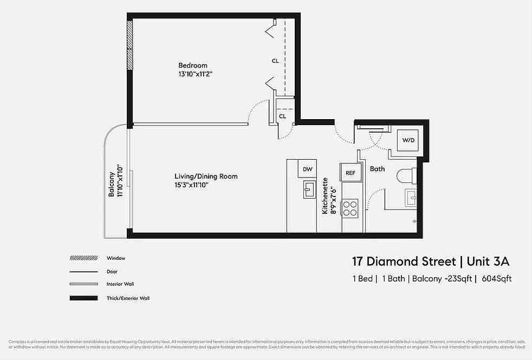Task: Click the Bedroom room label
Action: [193, 66]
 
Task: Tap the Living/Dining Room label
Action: [206, 176]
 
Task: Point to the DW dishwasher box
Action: [307, 169]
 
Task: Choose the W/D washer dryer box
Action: [408, 140]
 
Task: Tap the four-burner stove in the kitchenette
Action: [350, 208]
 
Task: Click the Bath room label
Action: [377, 169]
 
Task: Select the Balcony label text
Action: [112, 184]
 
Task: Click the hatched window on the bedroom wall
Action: [129, 45]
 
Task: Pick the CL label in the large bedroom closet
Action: [275, 61]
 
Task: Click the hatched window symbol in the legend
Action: [83, 258]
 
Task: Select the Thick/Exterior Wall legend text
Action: [128, 298]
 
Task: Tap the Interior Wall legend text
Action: [120, 284]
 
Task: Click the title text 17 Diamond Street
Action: [404, 262]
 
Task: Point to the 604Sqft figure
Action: [496, 279]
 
